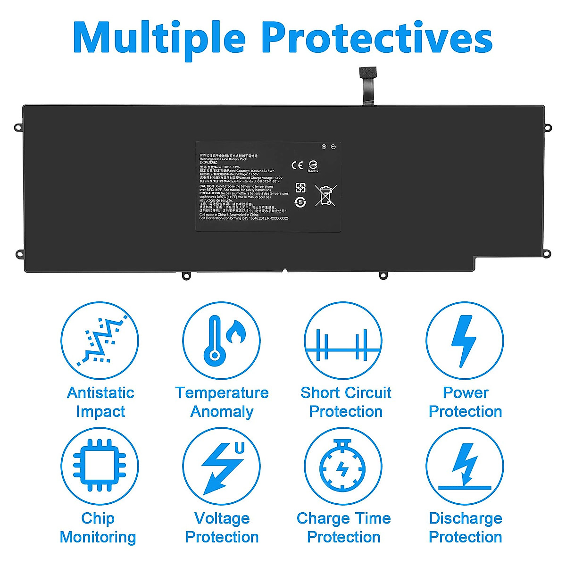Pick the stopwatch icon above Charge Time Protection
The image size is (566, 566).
click(343, 466)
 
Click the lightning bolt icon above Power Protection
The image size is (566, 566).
click(465, 341)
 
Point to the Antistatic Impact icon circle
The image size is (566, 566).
click(100, 341)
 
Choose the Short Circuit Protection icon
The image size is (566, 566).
click(343, 341)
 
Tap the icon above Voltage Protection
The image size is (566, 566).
click(221, 466)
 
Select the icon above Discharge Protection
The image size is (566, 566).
click(465, 466)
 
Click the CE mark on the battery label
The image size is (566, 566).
click(297, 165)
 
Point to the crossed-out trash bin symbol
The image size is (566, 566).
click(325, 195)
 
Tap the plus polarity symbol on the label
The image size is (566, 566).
click(324, 147)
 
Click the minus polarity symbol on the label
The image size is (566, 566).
click(333, 147)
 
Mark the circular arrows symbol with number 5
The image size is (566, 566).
click(300, 202)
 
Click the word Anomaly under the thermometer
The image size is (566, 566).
click(222, 411)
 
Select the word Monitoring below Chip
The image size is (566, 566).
click(98, 537)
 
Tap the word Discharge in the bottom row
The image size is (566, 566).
click(465, 518)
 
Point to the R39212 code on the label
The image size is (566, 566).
click(313, 171)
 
